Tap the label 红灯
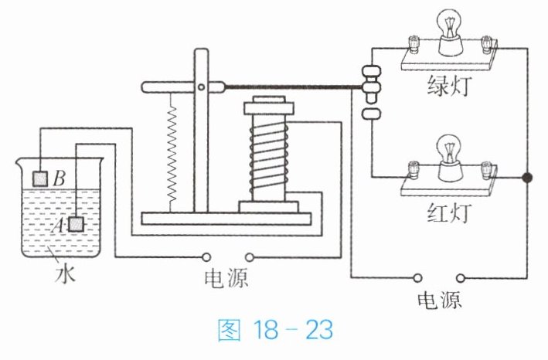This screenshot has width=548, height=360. click(446, 210)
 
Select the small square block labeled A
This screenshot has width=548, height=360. click(77, 224)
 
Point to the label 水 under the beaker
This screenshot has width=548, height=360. click(63, 273)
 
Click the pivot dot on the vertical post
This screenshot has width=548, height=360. click(202, 86)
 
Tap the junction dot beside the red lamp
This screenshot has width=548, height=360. click(528, 178)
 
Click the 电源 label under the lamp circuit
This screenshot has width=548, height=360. click(439, 300)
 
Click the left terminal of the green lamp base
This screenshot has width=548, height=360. click(411, 42)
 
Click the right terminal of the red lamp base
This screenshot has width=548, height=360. click(487, 167)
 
